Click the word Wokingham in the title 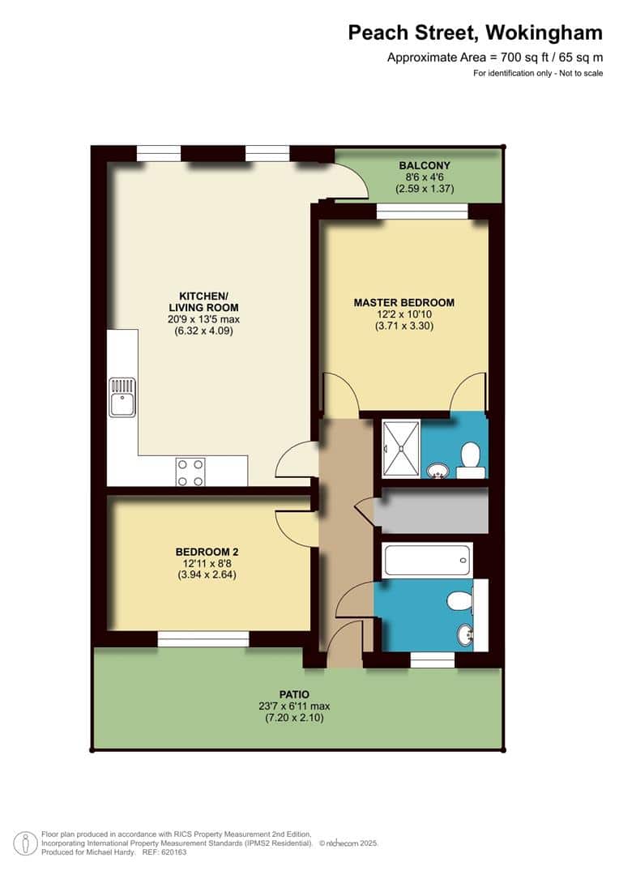(x=543, y=33)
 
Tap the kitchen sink (x=122, y=397)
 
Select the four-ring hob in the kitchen (x=190, y=472)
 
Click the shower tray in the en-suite (x=401, y=449)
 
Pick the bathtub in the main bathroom (x=428, y=560)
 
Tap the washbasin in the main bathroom (x=466, y=635)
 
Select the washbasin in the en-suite (x=438, y=471)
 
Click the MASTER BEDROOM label (x=404, y=302)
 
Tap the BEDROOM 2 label (x=207, y=552)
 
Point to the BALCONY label (x=425, y=166)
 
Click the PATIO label (x=294, y=695)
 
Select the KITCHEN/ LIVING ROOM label (x=203, y=302)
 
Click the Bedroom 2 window (x=203, y=639)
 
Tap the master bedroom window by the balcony (x=422, y=211)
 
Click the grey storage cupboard (x=431, y=510)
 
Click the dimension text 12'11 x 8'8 (x=207, y=564)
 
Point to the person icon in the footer (x=26, y=843)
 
